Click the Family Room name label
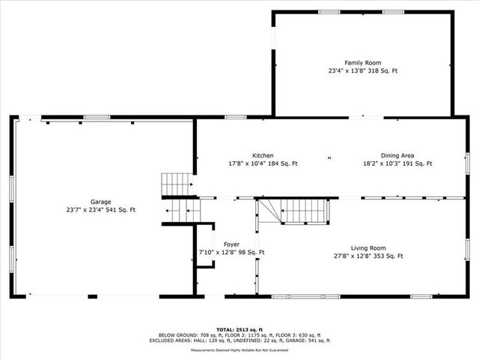[x=363, y=62]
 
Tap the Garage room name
[x=101, y=202]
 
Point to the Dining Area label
[x=397, y=155]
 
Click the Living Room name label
[x=367, y=247]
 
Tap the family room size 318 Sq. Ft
[x=381, y=70]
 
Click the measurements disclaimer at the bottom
[x=239, y=349]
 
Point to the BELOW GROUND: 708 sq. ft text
[x=186, y=334]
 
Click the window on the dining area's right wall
[x=466, y=161]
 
